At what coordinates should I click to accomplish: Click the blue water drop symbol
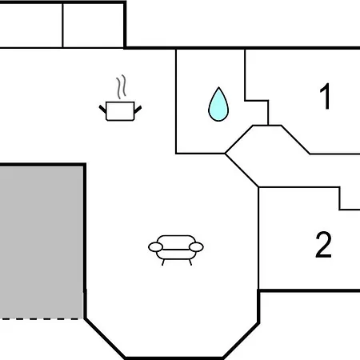click(218, 106)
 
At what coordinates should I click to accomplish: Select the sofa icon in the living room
click(176, 250)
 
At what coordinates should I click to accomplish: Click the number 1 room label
click(326, 96)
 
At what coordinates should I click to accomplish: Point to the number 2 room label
click(323, 244)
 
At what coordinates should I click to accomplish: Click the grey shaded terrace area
click(42, 242)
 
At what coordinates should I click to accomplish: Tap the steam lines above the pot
click(121, 86)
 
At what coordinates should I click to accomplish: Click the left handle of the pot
click(102, 109)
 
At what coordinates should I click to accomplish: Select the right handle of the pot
click(138, 110)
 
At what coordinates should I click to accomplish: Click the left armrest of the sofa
click(155, 247)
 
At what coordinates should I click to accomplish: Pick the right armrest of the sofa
click(196, 247)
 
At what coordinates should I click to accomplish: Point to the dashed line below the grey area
click(42, 318)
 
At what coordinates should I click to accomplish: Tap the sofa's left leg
click(163, 262)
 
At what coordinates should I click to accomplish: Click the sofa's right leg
click(190, 262)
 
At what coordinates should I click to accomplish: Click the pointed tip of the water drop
click(218, 87)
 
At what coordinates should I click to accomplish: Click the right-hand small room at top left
click(94, 26)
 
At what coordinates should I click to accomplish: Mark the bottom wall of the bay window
click(174, 358)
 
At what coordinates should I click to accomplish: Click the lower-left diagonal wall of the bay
click(105, 338)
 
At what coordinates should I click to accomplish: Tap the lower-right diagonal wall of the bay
click(241, 340)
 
